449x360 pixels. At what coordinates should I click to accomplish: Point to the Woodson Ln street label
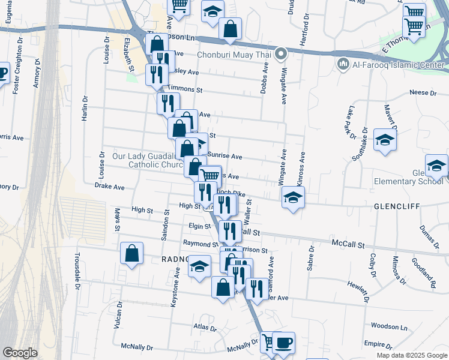(x=390, y=327)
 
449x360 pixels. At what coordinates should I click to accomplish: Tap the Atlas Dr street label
(x=205, y=328)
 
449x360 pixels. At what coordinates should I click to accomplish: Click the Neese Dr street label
(x=423, y=92)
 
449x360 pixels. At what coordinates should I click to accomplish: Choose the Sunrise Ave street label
(x=224, y=156)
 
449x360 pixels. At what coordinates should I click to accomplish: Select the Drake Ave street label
(x=109, y=187)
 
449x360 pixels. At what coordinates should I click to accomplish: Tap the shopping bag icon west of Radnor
(x=131, y=253)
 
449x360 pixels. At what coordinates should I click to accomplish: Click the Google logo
(x=20, y=353)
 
